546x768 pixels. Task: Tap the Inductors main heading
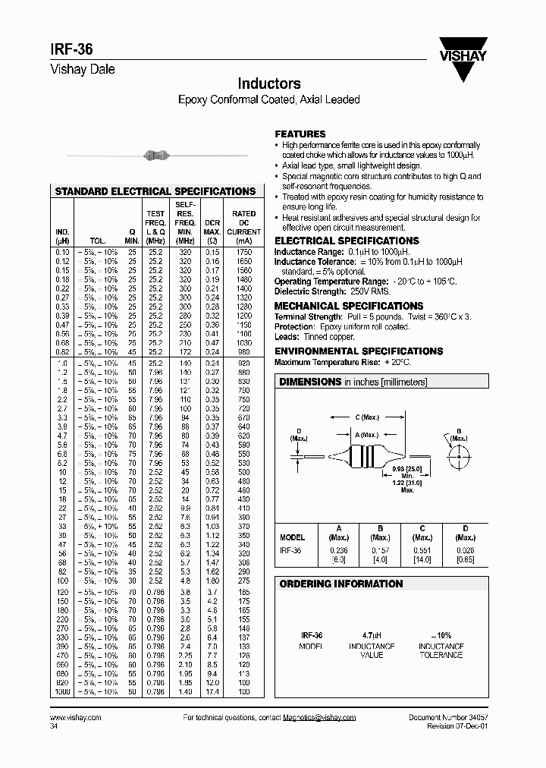click(x=269, y=83)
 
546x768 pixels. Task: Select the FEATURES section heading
click(x=300, y=134)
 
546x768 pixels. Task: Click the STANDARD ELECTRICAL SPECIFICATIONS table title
click(x=155, y=192)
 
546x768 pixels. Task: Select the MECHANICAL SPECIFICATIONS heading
click(x=337, y=306)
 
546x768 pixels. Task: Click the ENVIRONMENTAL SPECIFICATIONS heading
click(x=358, y=351)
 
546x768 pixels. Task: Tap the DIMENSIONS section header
click(x=310, y=382)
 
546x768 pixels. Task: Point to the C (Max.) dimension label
click(x=368, y=417)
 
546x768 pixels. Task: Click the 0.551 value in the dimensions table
click(x=422, y=550)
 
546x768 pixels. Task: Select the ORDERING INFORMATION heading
click(x=340, y=584)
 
